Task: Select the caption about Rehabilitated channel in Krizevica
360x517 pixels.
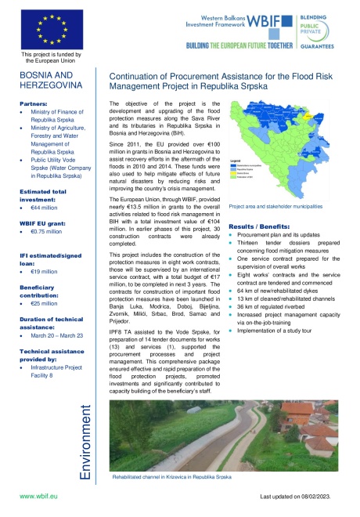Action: pos(171,475)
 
